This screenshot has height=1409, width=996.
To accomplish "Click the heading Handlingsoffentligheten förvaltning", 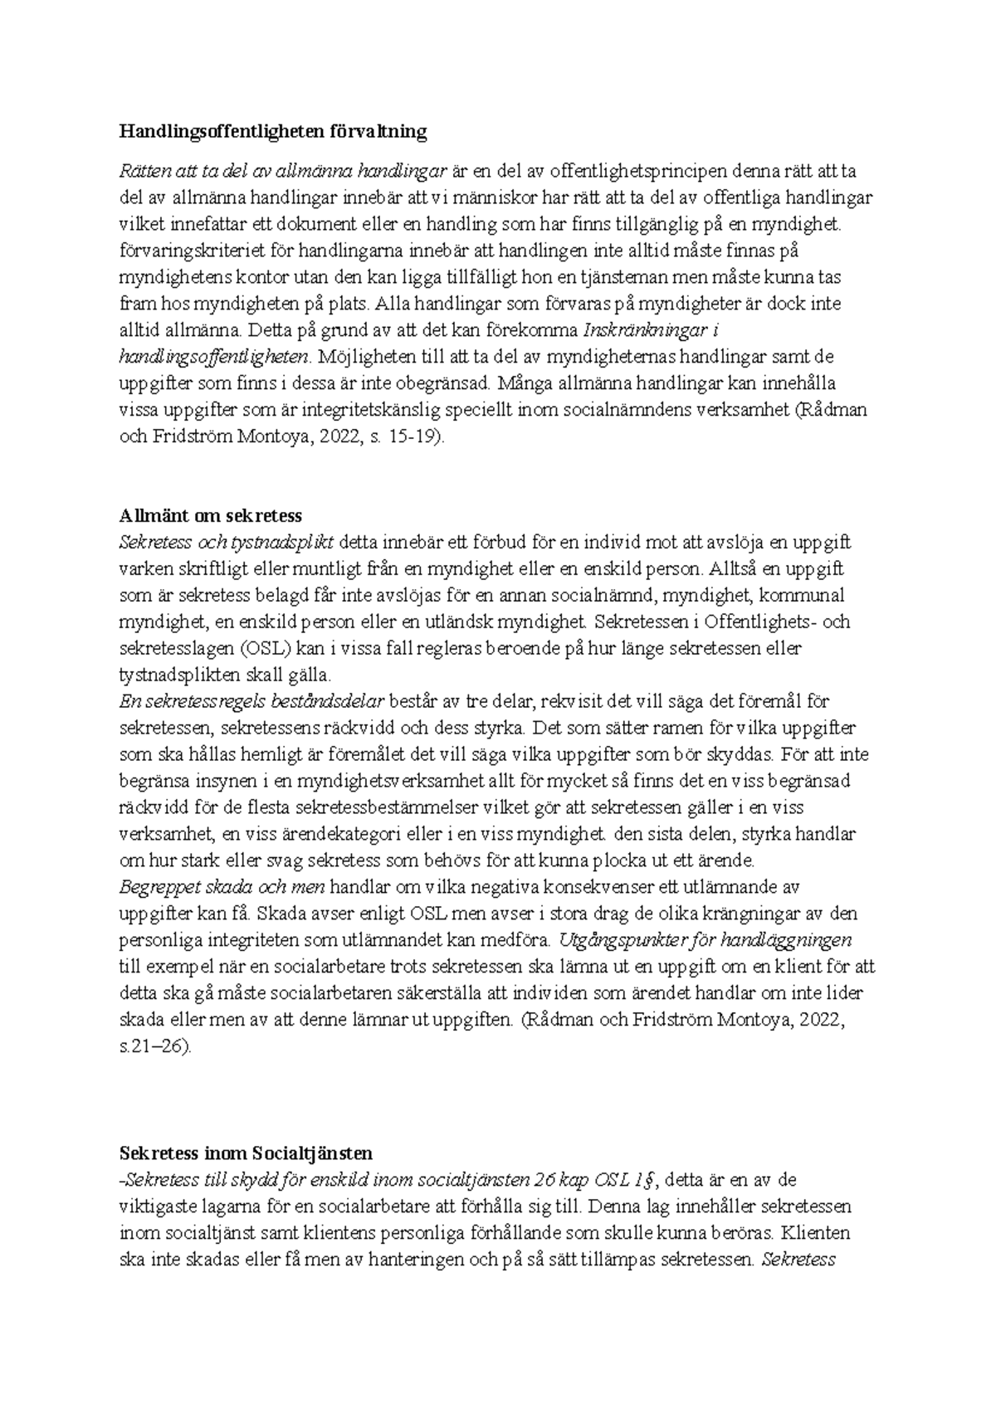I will (273, 131).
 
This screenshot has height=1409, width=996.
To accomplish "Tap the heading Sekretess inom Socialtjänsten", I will (246, 1153).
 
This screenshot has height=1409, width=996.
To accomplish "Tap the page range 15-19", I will (413, 436).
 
